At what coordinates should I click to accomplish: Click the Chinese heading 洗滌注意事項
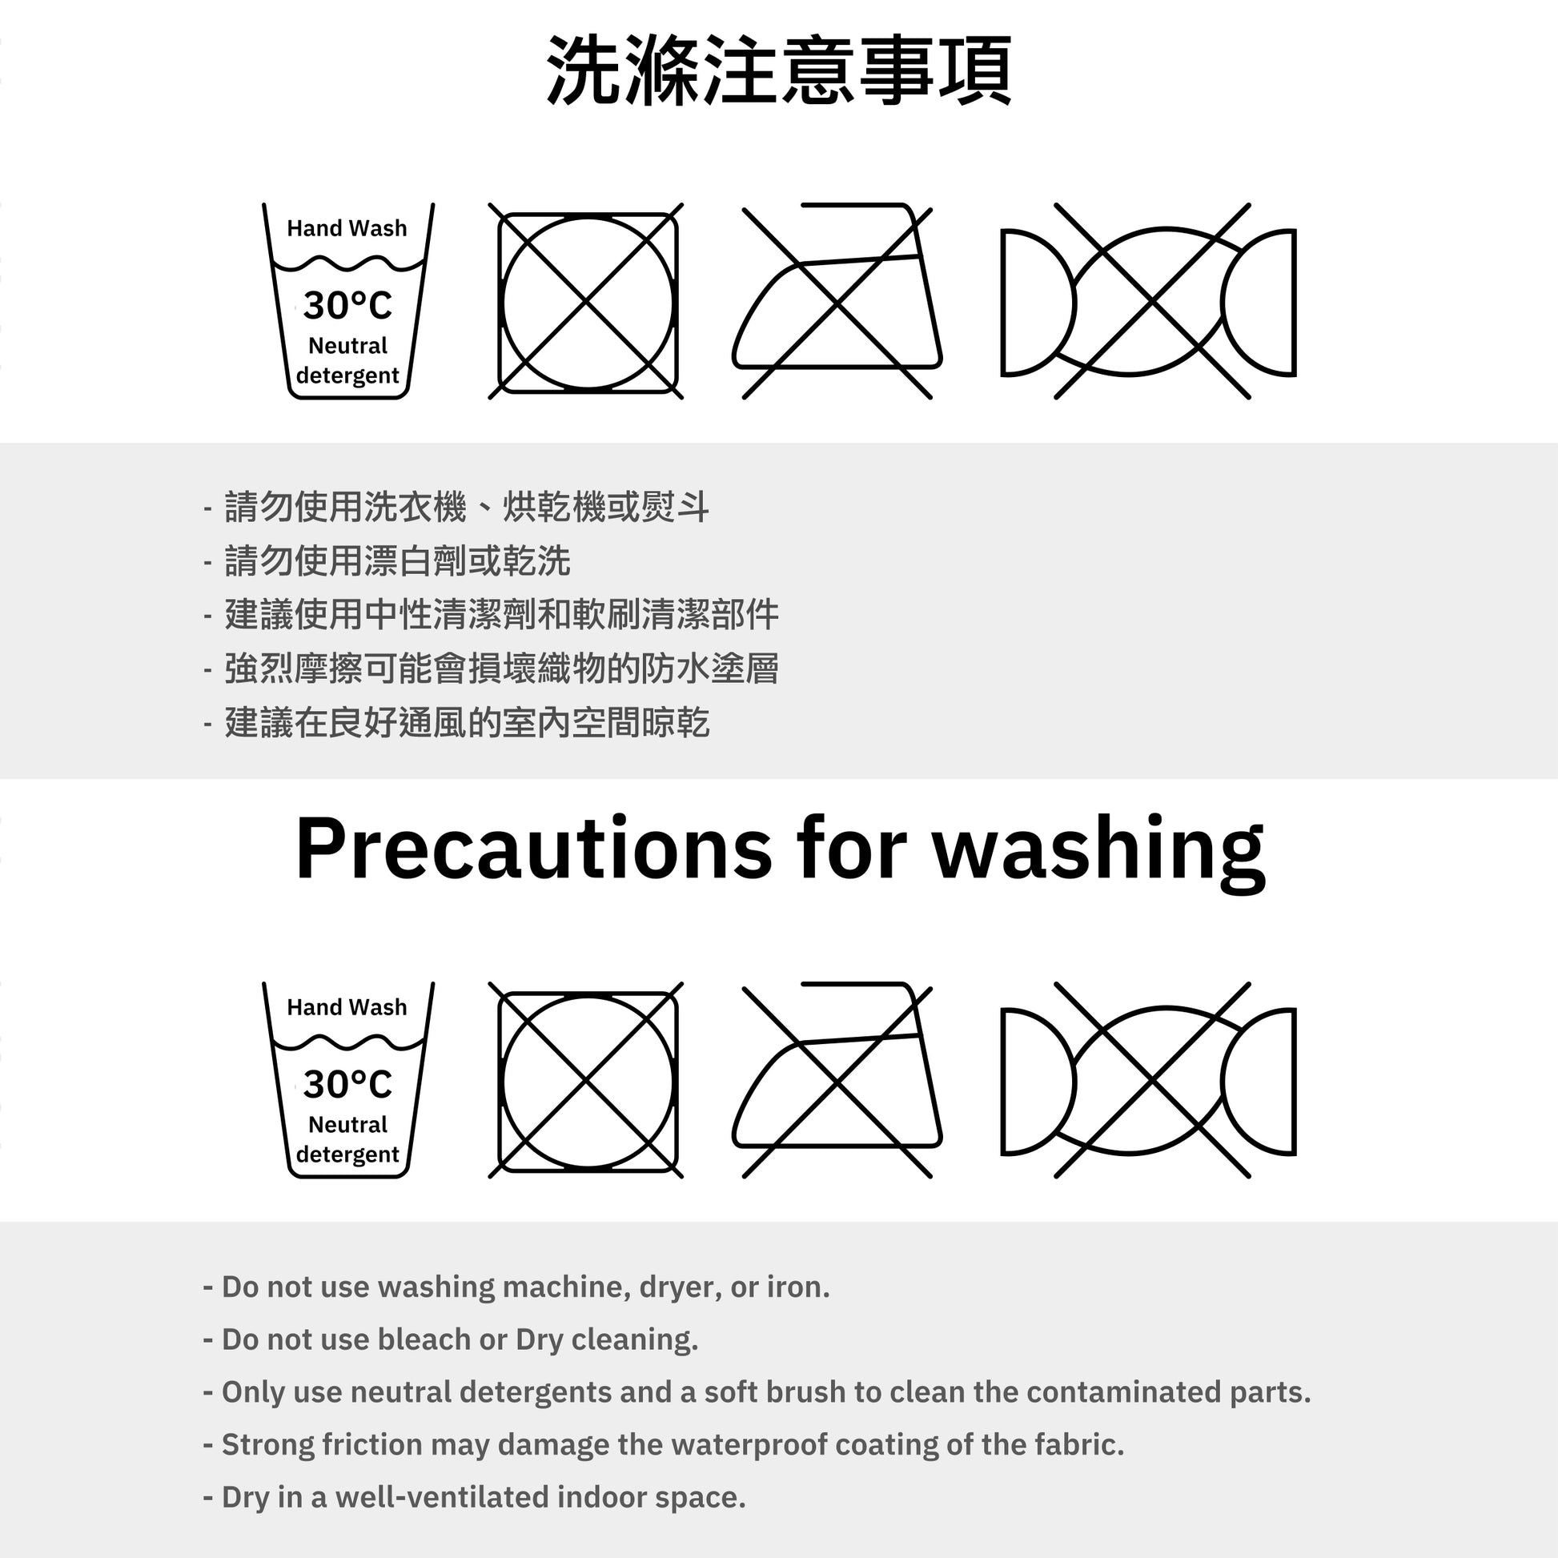pyautogui.click(x=779, y=70)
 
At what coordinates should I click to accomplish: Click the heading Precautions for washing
pyautogui.click(x=780, y=851)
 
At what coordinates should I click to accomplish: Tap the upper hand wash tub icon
pyautogui.click(x=348, y=301)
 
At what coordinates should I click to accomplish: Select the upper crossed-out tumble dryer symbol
pyautogui.click(x=586, y=301)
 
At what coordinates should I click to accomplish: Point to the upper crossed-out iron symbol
pyautogui.click(x=837, y=301)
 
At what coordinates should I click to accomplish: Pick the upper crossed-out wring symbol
pyautogui.click(x=1148, y=301)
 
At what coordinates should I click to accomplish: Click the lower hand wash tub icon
pyautogui.click(x=348, y=1080)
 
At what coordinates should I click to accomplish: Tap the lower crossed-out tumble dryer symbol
pyautogui.click(x=586, y=1080)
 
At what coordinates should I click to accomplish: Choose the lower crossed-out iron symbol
pyautogui.click(x=837, y=1080)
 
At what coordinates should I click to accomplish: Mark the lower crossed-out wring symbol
pyautogui.click(x=1148, y=1080)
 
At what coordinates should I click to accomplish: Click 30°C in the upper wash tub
pyautogui.click(x=347, y=306)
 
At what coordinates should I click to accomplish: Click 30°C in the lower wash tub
pyautogui.click(x=347, y=1085)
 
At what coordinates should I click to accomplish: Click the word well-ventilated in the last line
pyautogui.click(x=442, y=1497)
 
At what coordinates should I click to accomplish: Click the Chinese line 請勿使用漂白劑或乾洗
pyautogui.click(x=398, y=561)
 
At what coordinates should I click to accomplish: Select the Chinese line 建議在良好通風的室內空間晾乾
pyautogui.click(x=467, y=722)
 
